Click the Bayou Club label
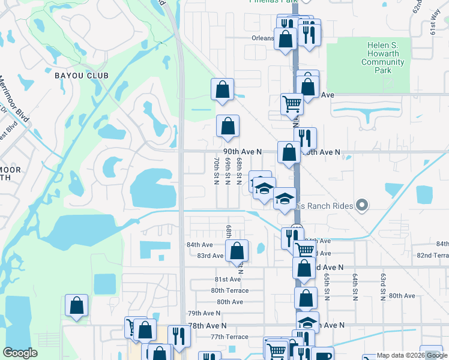(81, 76)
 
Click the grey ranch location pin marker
(361, 206)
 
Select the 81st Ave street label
(228, 279)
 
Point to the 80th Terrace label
(229, 290)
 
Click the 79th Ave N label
(204, 313)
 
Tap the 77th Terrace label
(229, 337)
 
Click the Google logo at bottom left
(20, 353)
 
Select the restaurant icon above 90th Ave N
(305, 137)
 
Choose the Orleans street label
(262, 37)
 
